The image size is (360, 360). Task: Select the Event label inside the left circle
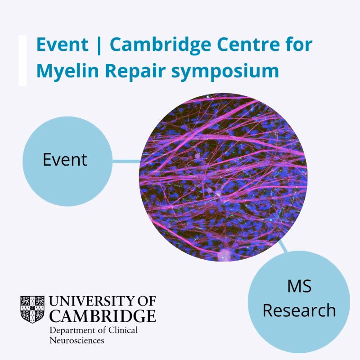(x=65, y=160)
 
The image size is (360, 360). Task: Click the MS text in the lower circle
(x=299, y=286)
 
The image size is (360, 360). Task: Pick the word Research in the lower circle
(x=299, y=310)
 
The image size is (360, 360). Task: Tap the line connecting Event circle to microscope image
(x=126, y=160)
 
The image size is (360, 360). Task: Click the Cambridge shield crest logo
(x=32, y=309)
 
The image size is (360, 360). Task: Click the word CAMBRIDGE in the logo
(x=103, y=315)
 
